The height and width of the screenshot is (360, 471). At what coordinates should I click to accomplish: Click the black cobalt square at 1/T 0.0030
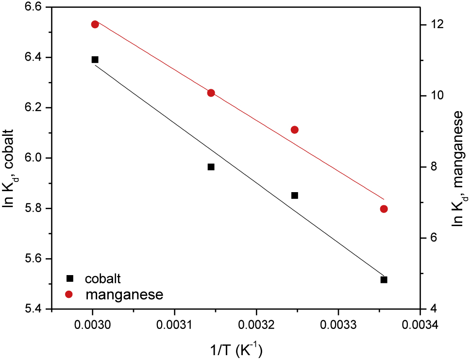95,60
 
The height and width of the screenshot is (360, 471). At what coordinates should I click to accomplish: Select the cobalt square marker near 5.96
211,167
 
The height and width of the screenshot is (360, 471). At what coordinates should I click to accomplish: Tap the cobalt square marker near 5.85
294,196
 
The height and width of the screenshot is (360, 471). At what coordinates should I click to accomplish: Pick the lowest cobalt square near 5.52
384,279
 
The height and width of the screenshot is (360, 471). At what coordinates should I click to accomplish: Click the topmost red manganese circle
95,24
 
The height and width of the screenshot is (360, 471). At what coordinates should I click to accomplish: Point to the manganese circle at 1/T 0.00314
211,93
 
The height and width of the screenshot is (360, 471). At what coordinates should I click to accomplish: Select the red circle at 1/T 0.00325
294,130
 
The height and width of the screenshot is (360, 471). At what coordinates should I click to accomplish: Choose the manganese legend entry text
123,294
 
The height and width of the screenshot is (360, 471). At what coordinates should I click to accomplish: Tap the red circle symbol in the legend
69,294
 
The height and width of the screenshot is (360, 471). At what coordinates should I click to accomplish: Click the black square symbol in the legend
69,278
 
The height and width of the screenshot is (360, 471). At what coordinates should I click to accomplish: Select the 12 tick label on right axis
436,24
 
